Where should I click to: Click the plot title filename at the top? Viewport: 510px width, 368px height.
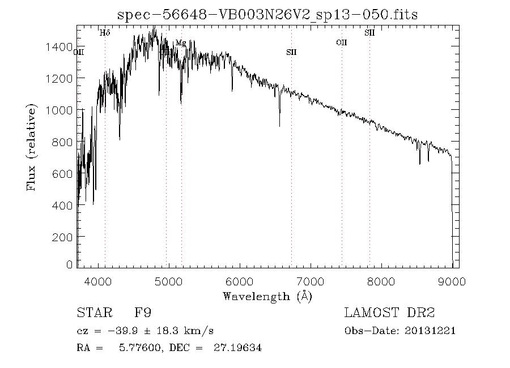[x=267, y=15]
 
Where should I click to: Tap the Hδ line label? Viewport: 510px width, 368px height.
[x=105, y=33]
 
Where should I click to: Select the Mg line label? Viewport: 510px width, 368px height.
[x=180, y=42]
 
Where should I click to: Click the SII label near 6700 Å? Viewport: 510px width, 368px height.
[x=291, y=52]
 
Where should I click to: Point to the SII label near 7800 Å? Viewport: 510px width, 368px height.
[x=369, y=33]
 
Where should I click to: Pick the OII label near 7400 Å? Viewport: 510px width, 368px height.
[x=341, y=42]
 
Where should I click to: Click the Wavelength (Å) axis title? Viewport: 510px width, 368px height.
[x=267, y=296]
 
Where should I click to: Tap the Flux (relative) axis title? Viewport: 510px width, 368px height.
[x=32, y=147]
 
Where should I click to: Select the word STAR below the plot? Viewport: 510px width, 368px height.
[x=93, y=313]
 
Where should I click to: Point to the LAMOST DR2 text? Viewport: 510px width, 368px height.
[x=389, y=313]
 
